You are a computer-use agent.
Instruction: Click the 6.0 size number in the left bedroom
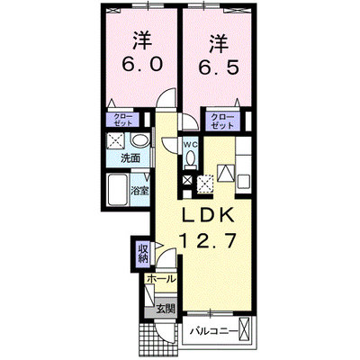(142, 64)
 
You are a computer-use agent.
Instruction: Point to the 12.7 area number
(207, 240)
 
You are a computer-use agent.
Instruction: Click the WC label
(191, 144)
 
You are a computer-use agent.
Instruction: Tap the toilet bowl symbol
(191, 159)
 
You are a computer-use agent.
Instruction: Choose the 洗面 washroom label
(130, 158)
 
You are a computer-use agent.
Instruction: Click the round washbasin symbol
(139, 140)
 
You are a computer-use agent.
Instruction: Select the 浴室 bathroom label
(139, 191)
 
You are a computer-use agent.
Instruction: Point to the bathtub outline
(117, 190)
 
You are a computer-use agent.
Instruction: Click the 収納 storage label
(143, 254)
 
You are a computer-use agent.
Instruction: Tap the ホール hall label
(161, 279)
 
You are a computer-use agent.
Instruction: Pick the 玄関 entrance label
(166, 309)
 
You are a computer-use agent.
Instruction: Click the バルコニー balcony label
(214, 332)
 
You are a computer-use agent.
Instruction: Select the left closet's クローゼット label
(122, 120)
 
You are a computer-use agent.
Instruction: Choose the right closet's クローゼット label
(222, 121)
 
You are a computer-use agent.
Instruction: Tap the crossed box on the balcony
(246, 330)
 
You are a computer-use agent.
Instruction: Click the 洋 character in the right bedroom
(219, 44)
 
